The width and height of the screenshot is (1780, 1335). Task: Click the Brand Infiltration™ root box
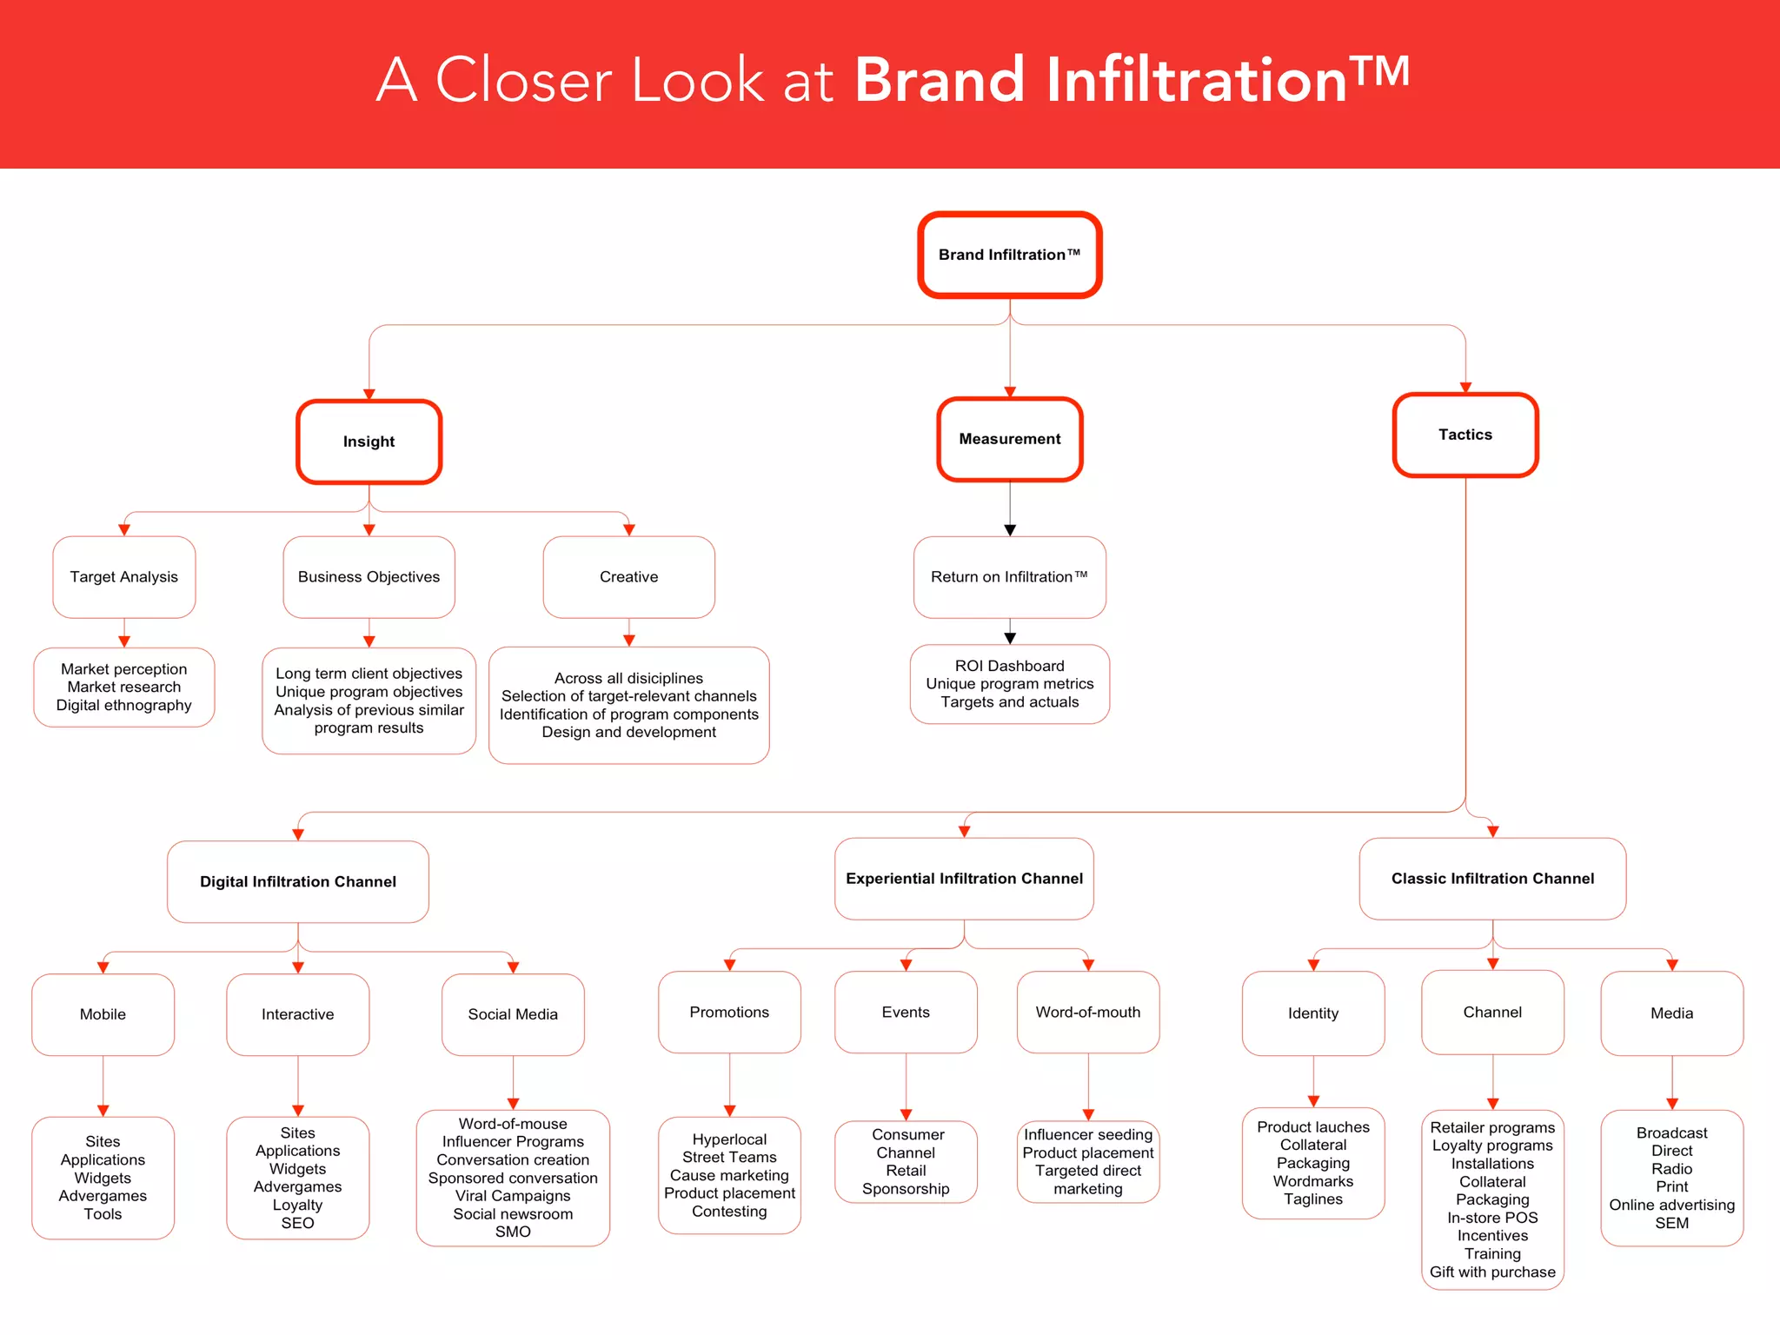click(x=1009, y=255)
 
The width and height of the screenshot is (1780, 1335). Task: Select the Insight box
click(x=369, y=442)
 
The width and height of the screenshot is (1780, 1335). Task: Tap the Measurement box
click(x=1009, y=439)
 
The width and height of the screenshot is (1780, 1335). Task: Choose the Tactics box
click(x=1465, y=435)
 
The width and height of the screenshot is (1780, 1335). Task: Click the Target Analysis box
click(x=123, y=577)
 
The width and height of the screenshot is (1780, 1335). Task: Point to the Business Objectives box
click(x=369, y=577)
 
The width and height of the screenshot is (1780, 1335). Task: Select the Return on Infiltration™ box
click(x=1009, y=577)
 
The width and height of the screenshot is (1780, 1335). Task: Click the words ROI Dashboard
click(x=1009, y=666)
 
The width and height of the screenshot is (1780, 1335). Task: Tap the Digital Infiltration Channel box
click(x=297, y=881)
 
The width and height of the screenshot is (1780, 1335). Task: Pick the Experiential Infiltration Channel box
click(x=964, y=879)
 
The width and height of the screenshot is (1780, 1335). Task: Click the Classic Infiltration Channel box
click(x=1492, y=879)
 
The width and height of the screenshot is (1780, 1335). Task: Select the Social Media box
click(x=513, y=1014)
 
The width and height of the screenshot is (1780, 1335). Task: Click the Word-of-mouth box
click(x=1087, y=1013)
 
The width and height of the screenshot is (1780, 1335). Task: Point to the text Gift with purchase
click(x=1492, y=1272)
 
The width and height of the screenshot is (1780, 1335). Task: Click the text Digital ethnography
click(x=123, y=705)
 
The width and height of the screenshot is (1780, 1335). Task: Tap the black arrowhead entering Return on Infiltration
click(x=1010, y=530)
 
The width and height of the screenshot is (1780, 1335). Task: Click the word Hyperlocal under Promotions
click(x=729, y=1139)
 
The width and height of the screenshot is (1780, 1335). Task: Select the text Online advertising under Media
click(x=1671, y=1205)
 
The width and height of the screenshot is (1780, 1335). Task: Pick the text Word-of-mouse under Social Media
click(x=513, y=1124)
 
